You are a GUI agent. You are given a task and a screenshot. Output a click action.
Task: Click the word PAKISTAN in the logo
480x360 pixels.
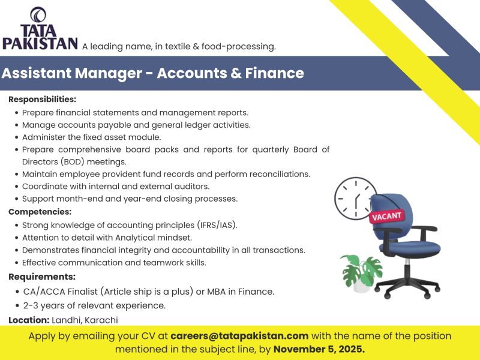[x=40, y=43]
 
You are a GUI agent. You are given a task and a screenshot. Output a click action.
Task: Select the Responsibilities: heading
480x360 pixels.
[x=42, y=99]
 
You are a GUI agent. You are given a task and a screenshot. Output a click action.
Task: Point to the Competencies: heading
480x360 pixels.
[x=40, y=212]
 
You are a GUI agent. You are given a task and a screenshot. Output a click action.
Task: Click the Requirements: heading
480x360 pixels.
[x=41, y=277]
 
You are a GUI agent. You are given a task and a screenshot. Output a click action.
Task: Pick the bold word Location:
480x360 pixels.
[x=28, y=320]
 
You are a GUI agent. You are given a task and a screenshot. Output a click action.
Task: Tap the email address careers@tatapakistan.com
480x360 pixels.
[x=239, y=336]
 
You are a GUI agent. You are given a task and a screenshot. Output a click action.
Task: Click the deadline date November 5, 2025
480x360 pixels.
[x=319, y=349]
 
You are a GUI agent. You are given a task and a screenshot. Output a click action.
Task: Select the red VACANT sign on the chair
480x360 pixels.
[x=387, y=215]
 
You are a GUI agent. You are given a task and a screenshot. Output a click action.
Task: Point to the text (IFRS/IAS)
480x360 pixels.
[x=217, y=226]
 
